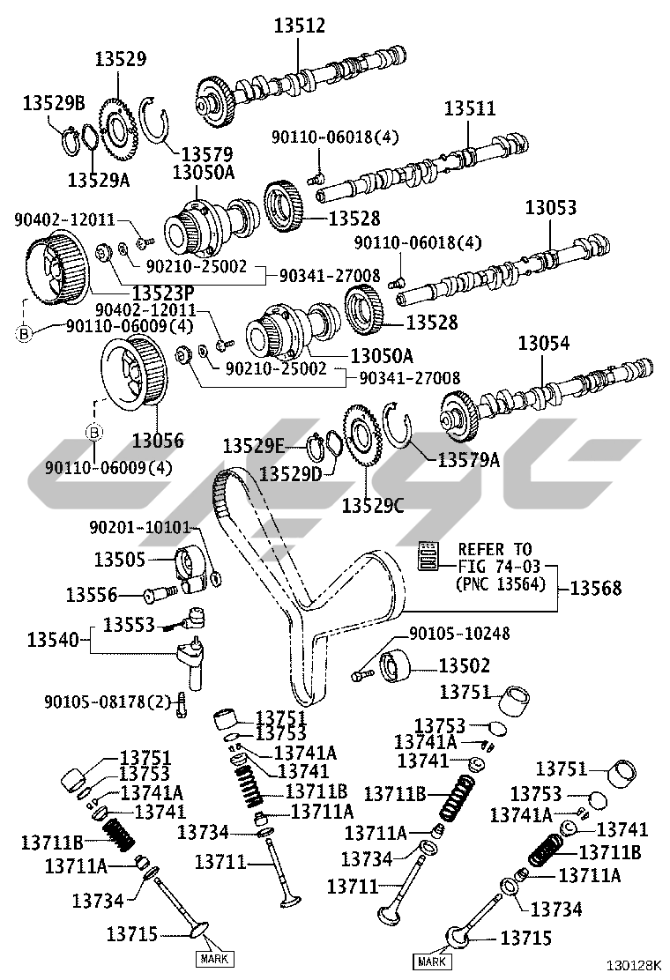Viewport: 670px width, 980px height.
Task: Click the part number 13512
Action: tap(300, 26)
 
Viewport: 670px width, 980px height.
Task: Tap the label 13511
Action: tap(470, 108)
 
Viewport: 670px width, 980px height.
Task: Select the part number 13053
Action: tap(551, 207)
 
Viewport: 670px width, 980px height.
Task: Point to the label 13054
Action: tap(544, 343)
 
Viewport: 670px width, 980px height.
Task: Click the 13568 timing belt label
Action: tap(596, 588)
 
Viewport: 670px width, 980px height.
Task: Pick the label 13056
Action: tap(158, 441)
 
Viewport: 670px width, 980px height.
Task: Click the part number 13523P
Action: tap(163, 293)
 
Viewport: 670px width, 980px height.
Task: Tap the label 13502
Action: tap(465, 665)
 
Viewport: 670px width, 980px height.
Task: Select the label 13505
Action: tap(120, 559)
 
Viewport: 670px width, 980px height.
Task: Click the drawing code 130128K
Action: tap(632, 964)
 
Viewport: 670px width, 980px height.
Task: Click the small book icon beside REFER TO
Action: tap(428, 554)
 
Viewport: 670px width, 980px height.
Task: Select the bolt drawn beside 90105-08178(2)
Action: tap(182, 704)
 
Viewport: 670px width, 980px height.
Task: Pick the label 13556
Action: tap(92, 595)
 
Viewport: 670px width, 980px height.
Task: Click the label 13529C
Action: tap(373, 505)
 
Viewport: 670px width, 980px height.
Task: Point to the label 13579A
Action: tap(469, 460)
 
